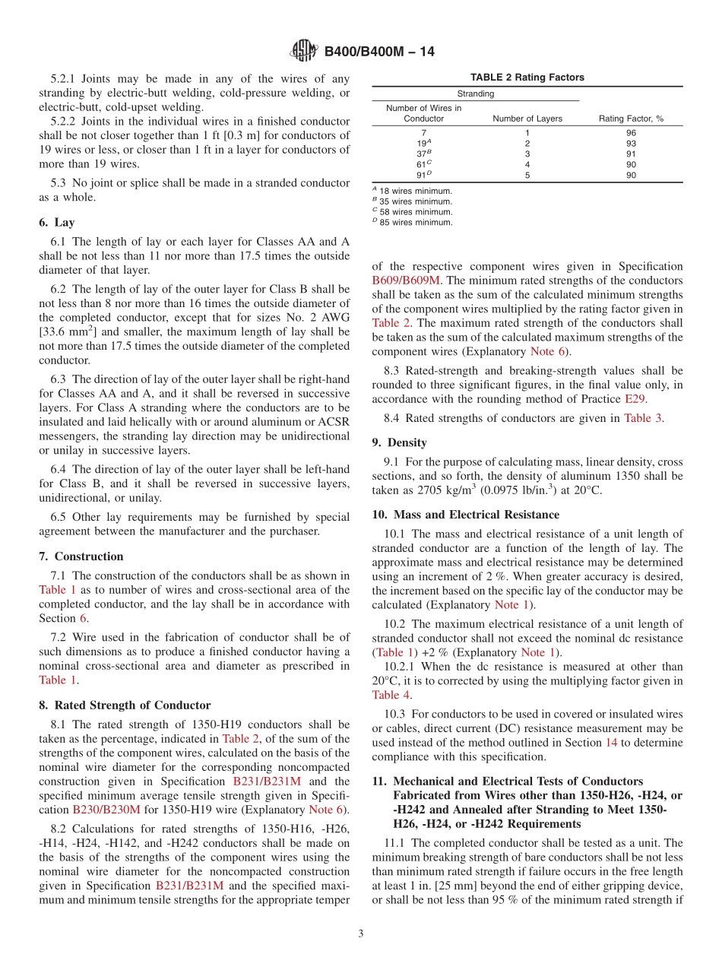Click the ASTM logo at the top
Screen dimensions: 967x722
tap(304, 51)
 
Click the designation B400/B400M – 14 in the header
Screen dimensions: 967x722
tap(379, 52)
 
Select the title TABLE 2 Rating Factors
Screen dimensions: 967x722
tap(527, 78)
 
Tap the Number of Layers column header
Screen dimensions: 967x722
tap(527, 119)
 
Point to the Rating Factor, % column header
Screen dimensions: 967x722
tap(631, 119)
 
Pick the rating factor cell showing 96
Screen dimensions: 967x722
tap(631, 132)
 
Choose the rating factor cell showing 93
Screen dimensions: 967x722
tap(631, 143)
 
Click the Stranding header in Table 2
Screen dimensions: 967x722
tap(475, 94)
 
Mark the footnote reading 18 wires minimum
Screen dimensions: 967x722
tap(414, 191)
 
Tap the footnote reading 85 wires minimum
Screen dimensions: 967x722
tap(414, 223)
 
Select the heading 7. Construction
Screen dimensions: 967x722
tap(81, 556)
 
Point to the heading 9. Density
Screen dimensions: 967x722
tap(399, 442)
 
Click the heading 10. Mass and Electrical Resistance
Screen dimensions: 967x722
tap(465, 515)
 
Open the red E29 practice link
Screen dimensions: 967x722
tap(635, 398)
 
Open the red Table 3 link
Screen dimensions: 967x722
tap(642, 418)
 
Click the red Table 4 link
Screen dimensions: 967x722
tap(391, 695)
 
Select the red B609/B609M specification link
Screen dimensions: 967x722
tap(411, 280)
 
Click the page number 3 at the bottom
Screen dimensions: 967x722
tap(361, 934)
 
